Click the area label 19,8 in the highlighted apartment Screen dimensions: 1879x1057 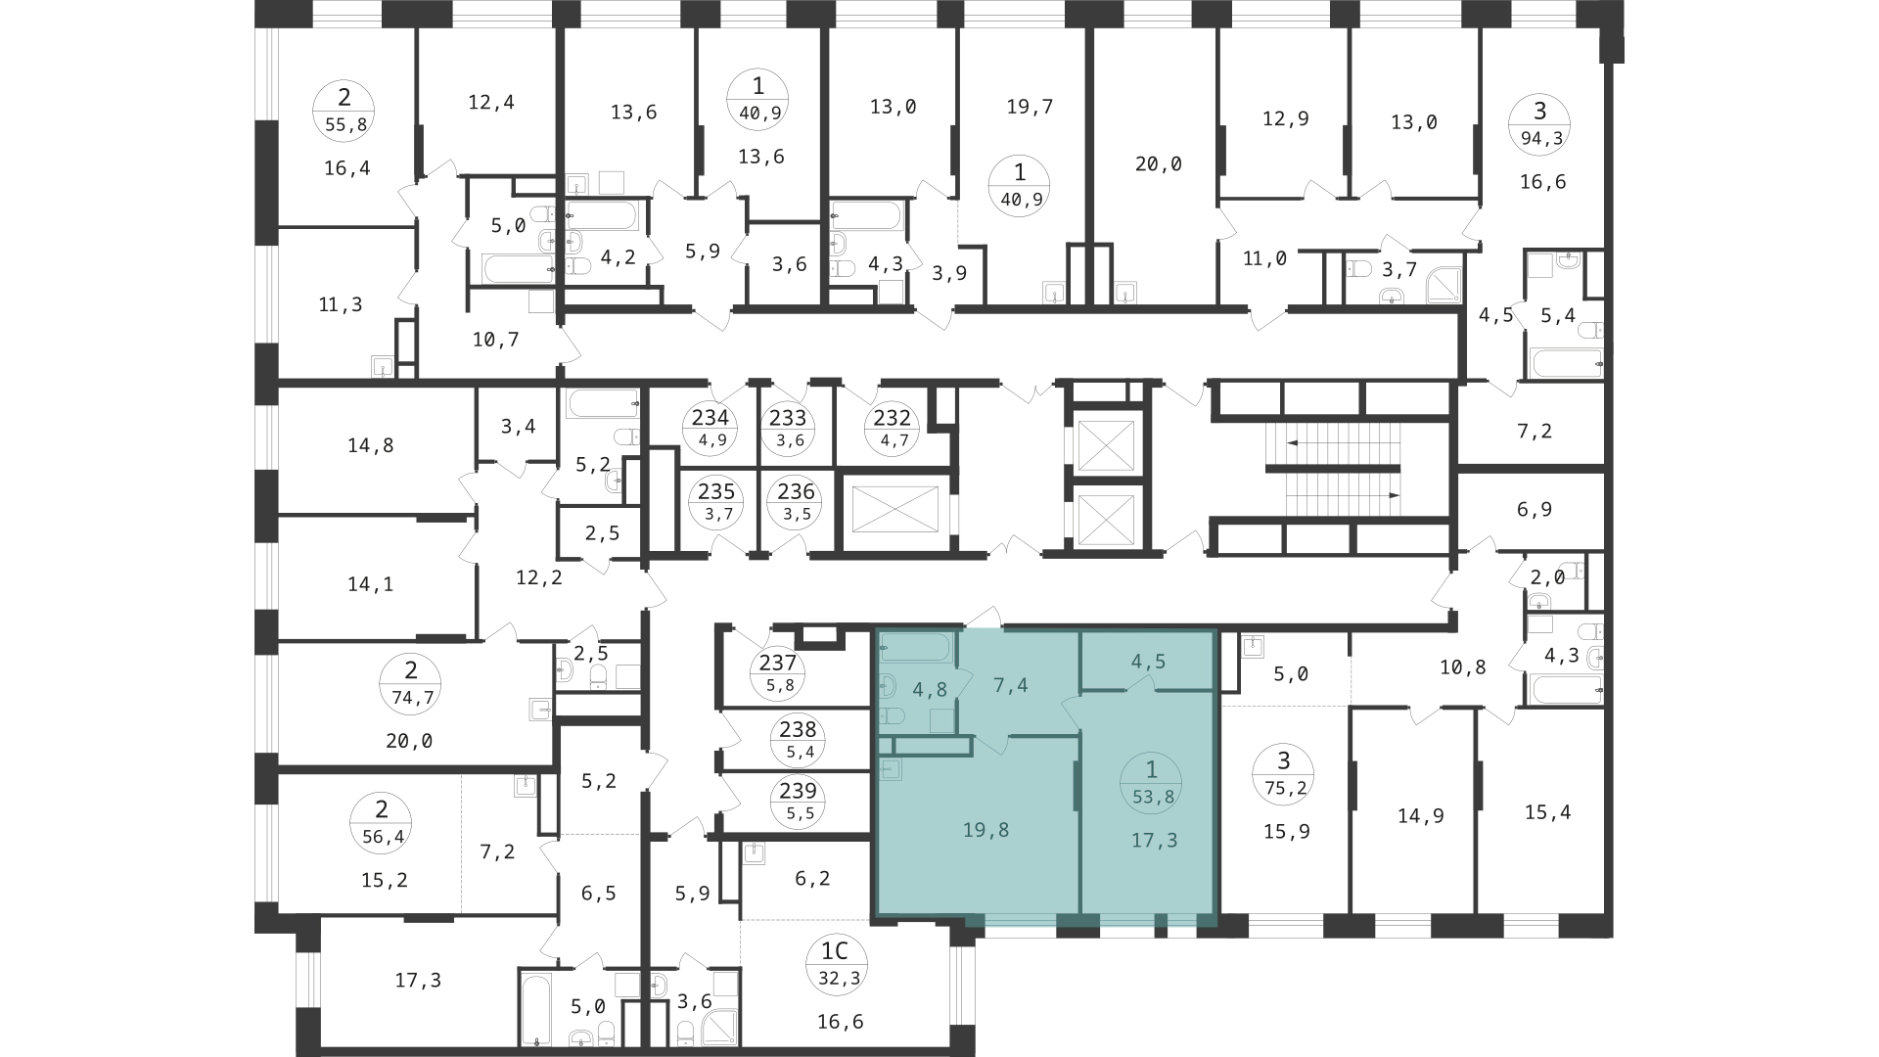click(985, 830)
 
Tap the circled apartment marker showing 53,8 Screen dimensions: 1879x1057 click(1152, 782)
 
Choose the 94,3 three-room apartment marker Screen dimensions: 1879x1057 click(1541, 122)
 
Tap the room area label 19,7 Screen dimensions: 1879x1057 click(1030, 107)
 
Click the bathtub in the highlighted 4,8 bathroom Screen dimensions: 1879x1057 click(915, 648)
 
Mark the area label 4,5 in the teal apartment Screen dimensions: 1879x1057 click(1148, 662)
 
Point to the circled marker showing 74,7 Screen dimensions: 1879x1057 click(411, 683)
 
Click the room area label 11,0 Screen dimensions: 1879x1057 click(1264, 258)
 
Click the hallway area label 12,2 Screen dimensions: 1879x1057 click(539, 577)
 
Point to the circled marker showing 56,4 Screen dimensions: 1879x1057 click(382, 822)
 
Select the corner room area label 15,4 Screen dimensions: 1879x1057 click(1547, 812)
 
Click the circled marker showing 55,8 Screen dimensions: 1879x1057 click(344, 110)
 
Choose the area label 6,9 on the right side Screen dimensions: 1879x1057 click(1534, 510)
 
